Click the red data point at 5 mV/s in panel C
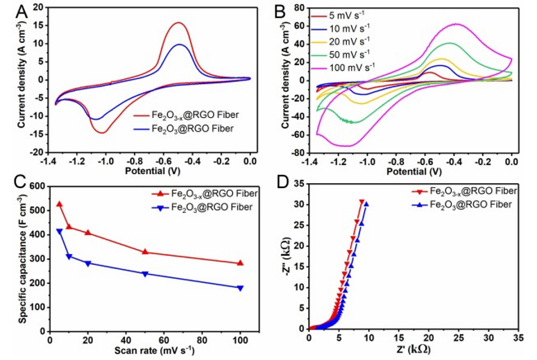click(59, 205)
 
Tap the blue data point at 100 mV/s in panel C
click(241, 288)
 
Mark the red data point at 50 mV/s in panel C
click(145, 252)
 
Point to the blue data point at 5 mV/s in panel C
click(59, 231)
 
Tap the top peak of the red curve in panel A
click(179, 23)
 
